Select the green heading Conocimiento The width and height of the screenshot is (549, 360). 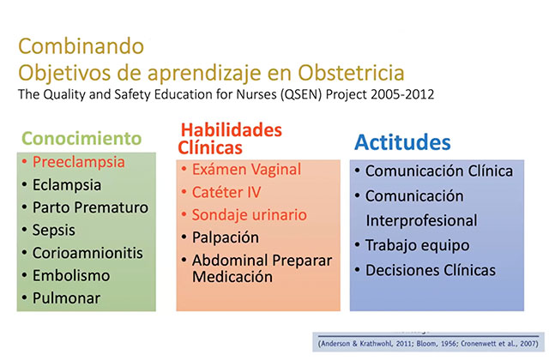click(x=81, y=138)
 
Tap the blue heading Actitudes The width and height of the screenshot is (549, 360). click(x=402, y=142)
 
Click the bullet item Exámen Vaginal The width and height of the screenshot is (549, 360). click(x=246, y=170)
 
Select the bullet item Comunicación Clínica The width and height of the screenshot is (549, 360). click(x=439, y=171)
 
